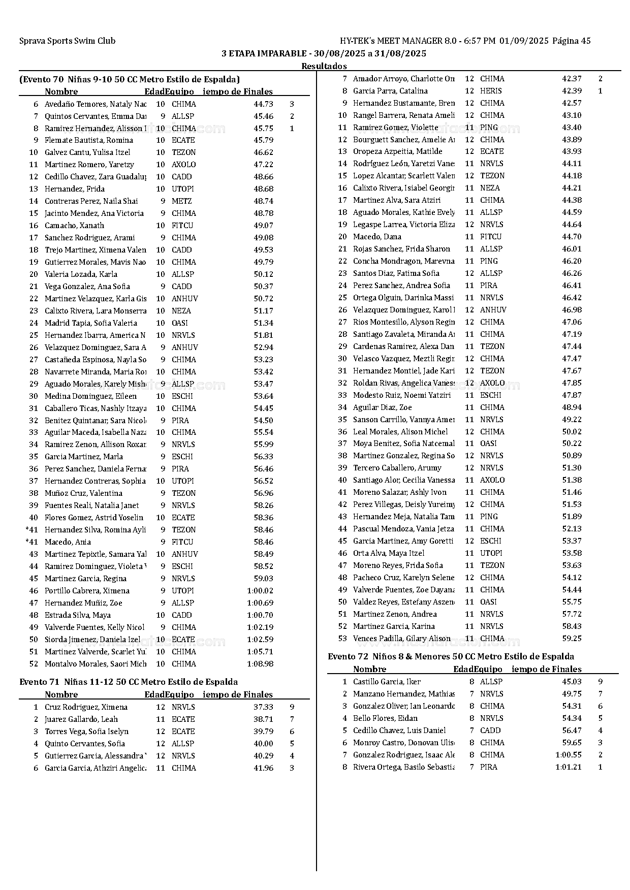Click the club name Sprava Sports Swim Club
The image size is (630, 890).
[67, 41]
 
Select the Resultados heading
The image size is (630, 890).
[324, 66]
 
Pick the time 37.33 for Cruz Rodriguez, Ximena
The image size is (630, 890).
[263, 707]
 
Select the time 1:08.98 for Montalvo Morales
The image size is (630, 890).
[260, 664]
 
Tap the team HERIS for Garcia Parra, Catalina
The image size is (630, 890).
[491, 91]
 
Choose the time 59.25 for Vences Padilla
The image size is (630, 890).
[572, 639]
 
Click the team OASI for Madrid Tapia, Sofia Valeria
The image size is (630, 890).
[179, 323]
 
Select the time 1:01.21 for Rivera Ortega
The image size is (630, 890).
[568, 767]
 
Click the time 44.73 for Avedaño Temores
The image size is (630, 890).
[263, 104]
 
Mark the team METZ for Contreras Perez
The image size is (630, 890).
[181, 201]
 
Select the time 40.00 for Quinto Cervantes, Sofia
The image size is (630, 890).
[263, 744]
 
